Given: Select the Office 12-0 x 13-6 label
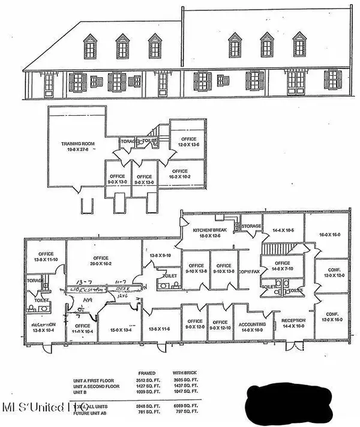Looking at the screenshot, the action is (187, 142).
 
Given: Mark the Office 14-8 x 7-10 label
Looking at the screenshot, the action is (281, 266).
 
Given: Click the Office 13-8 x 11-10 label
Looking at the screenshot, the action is (46, 256).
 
